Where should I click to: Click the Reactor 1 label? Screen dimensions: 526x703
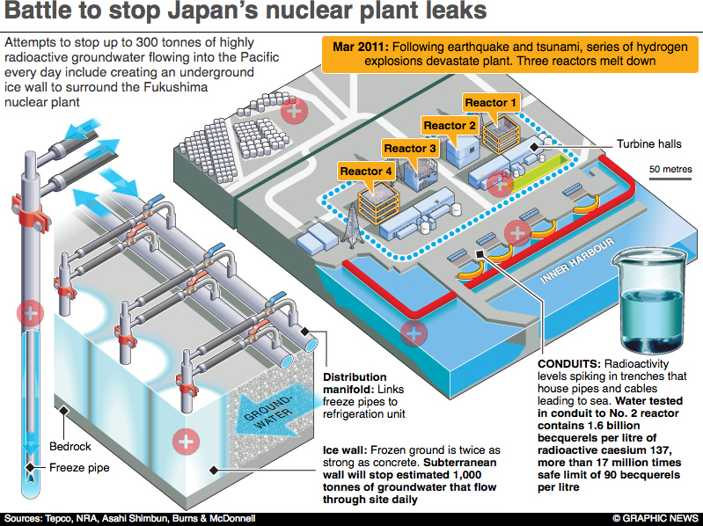[486, 103]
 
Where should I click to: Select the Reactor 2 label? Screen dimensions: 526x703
[450, 126]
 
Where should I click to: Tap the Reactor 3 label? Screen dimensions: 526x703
[410, 149]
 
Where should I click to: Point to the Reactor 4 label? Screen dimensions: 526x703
[366, 171]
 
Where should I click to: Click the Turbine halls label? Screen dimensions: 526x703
[648, 143]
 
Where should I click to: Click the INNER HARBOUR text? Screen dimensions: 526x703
[571, 269]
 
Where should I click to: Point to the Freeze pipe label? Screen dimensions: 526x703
[79, 468]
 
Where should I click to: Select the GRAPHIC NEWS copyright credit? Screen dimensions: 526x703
[654, 517]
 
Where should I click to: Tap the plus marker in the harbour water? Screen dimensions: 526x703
[413, 333]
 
